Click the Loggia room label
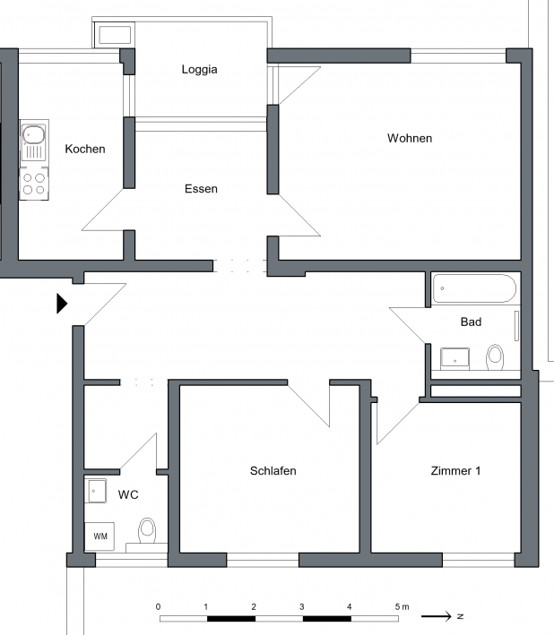click(199, 70)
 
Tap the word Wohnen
click(410, 138)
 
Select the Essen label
click(201, 189)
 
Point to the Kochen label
click(85, 149)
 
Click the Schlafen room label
click(273, 470)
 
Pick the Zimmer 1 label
click(455, 470)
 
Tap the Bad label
click(471, 322)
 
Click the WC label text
click(128, 494)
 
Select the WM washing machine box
click(100, 536)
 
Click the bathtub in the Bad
click(474, 288)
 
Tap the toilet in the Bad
click(495, 356)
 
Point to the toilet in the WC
click(147, 530)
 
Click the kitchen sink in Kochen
click(34, 142)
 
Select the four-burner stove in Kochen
click(34, 184)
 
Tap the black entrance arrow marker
click(62, 304)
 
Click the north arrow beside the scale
click(436, 616)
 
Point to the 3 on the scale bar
click(301, 606)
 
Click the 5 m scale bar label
click(402, 606)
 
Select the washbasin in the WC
click(96, 491)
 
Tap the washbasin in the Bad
click(454, 359)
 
